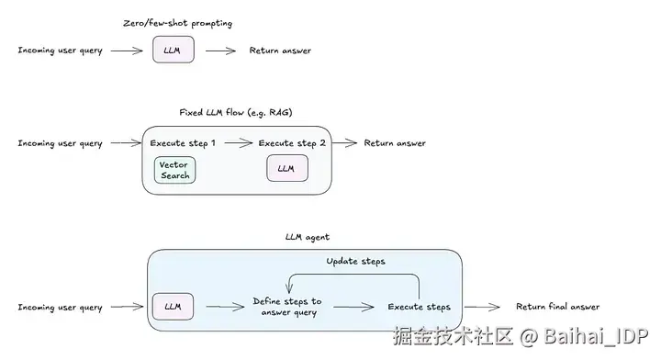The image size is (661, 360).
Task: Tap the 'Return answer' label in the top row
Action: click(x=281, y=51)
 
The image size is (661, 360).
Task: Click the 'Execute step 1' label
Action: click(x=184, y=143)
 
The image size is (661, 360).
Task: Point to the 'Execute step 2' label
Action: click(x=292, y=143)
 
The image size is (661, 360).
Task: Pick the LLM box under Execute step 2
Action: click(x=286, y=169)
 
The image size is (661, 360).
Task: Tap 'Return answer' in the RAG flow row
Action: click(x=395, y=143)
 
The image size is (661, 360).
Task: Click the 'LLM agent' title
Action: click(x=308, y=237)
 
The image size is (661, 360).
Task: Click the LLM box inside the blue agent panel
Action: click(x=172, y=306)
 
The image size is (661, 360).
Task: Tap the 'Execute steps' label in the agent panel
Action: click(x=419, y=306)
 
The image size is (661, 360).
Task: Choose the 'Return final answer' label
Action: click(x=557, y=306)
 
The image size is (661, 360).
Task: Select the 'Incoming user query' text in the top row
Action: click(x=61, y=51)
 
